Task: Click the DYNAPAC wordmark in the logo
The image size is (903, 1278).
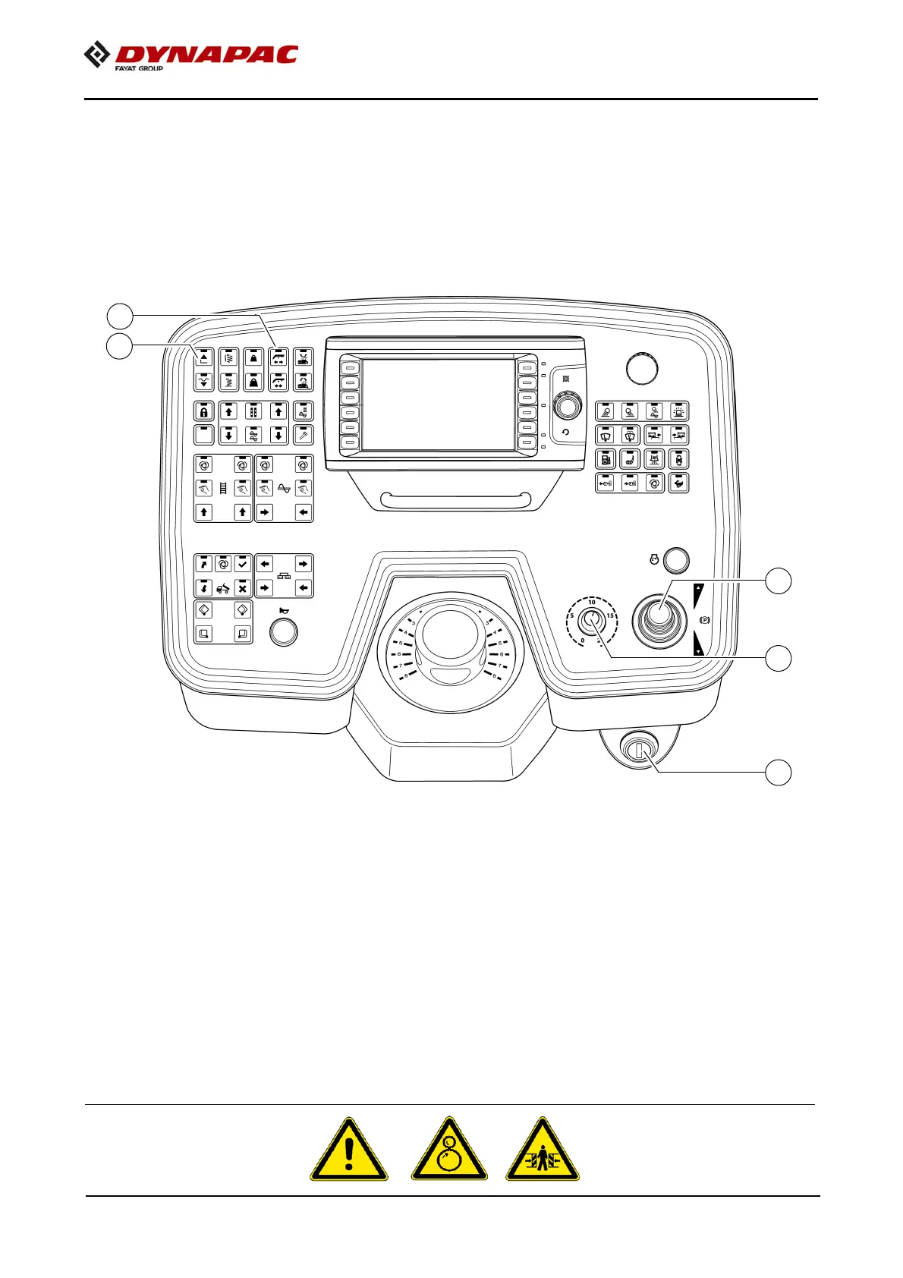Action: point(206,55)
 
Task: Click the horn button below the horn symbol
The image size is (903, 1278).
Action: point(284,631)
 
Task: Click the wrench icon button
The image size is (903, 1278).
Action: point(303,435)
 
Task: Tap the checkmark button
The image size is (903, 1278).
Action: point(242,563)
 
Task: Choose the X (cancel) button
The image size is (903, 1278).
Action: point(242,588)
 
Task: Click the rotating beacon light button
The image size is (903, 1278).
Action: point(679,411)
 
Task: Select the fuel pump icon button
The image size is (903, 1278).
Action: point(606,459)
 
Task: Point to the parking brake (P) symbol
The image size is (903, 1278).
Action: point(704,620)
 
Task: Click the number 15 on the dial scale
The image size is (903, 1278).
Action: point(610,615)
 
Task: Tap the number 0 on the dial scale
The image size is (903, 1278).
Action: point(583,641)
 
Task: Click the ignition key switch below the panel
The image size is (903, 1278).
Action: point(637,749)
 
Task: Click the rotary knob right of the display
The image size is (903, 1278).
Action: point(566,407)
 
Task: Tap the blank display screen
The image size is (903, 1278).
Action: point(438,404)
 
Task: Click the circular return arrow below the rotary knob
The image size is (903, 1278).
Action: point(565,432)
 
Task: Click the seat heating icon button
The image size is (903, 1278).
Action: point(630,459)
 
